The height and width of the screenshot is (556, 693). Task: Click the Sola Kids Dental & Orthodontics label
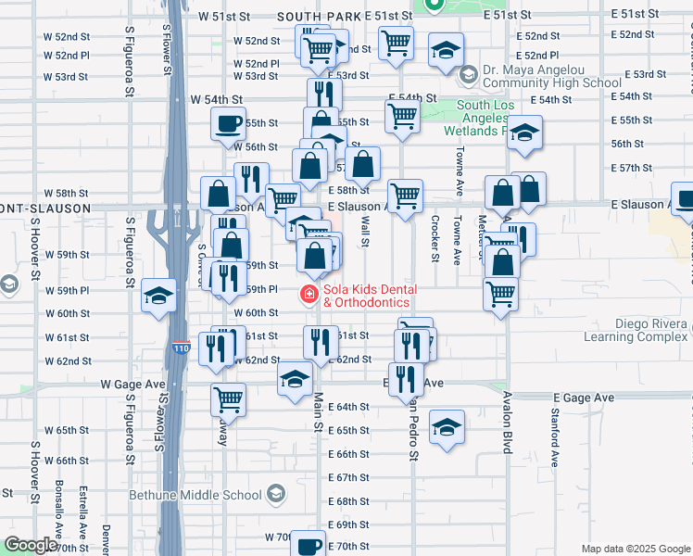coord(366,296)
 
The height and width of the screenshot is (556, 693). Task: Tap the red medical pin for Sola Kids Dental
coord(307,296)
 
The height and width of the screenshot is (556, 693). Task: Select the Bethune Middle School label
coord(213,495)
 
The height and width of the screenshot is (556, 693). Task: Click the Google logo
coord(31,546)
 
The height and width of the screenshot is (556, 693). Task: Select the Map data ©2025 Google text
coord(635,549)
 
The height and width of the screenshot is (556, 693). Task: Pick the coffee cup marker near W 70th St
coord(309,547)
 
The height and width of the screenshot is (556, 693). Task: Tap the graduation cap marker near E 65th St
coord(447,426)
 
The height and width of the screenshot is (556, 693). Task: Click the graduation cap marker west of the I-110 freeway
coord(158,296)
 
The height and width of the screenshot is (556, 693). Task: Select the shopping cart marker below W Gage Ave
coord(228,400)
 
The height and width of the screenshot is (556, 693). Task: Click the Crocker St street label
coord(435,239)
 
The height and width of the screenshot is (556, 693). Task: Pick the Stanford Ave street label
coord(556,436)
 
